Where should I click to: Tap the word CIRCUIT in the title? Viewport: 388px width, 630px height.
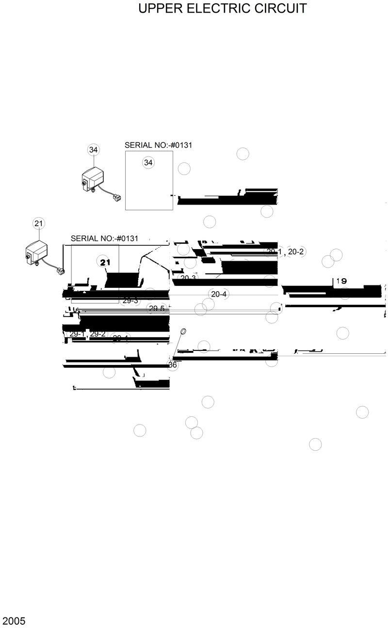(282, 9)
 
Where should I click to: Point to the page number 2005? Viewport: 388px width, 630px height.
(14, 621)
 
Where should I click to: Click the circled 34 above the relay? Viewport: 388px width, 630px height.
(93, 150)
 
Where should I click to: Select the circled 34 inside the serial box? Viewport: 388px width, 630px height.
(148, 163)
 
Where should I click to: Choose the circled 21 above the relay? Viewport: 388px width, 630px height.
(39, 223)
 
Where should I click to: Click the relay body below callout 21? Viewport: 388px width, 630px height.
(37, 252)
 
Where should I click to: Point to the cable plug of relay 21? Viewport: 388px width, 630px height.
(60, 271)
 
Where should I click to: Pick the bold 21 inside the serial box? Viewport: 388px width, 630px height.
(105, 262)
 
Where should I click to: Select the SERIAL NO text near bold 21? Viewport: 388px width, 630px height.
(104, 238)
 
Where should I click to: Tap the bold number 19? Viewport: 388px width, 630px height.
(341, 281)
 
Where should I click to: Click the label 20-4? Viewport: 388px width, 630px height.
(219, 294)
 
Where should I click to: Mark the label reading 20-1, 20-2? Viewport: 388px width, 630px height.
(285, 252)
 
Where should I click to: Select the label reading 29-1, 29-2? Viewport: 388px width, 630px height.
(87, 334)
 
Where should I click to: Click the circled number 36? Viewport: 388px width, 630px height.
(172, 365)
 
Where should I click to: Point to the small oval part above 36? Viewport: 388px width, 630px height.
(183, 331)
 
